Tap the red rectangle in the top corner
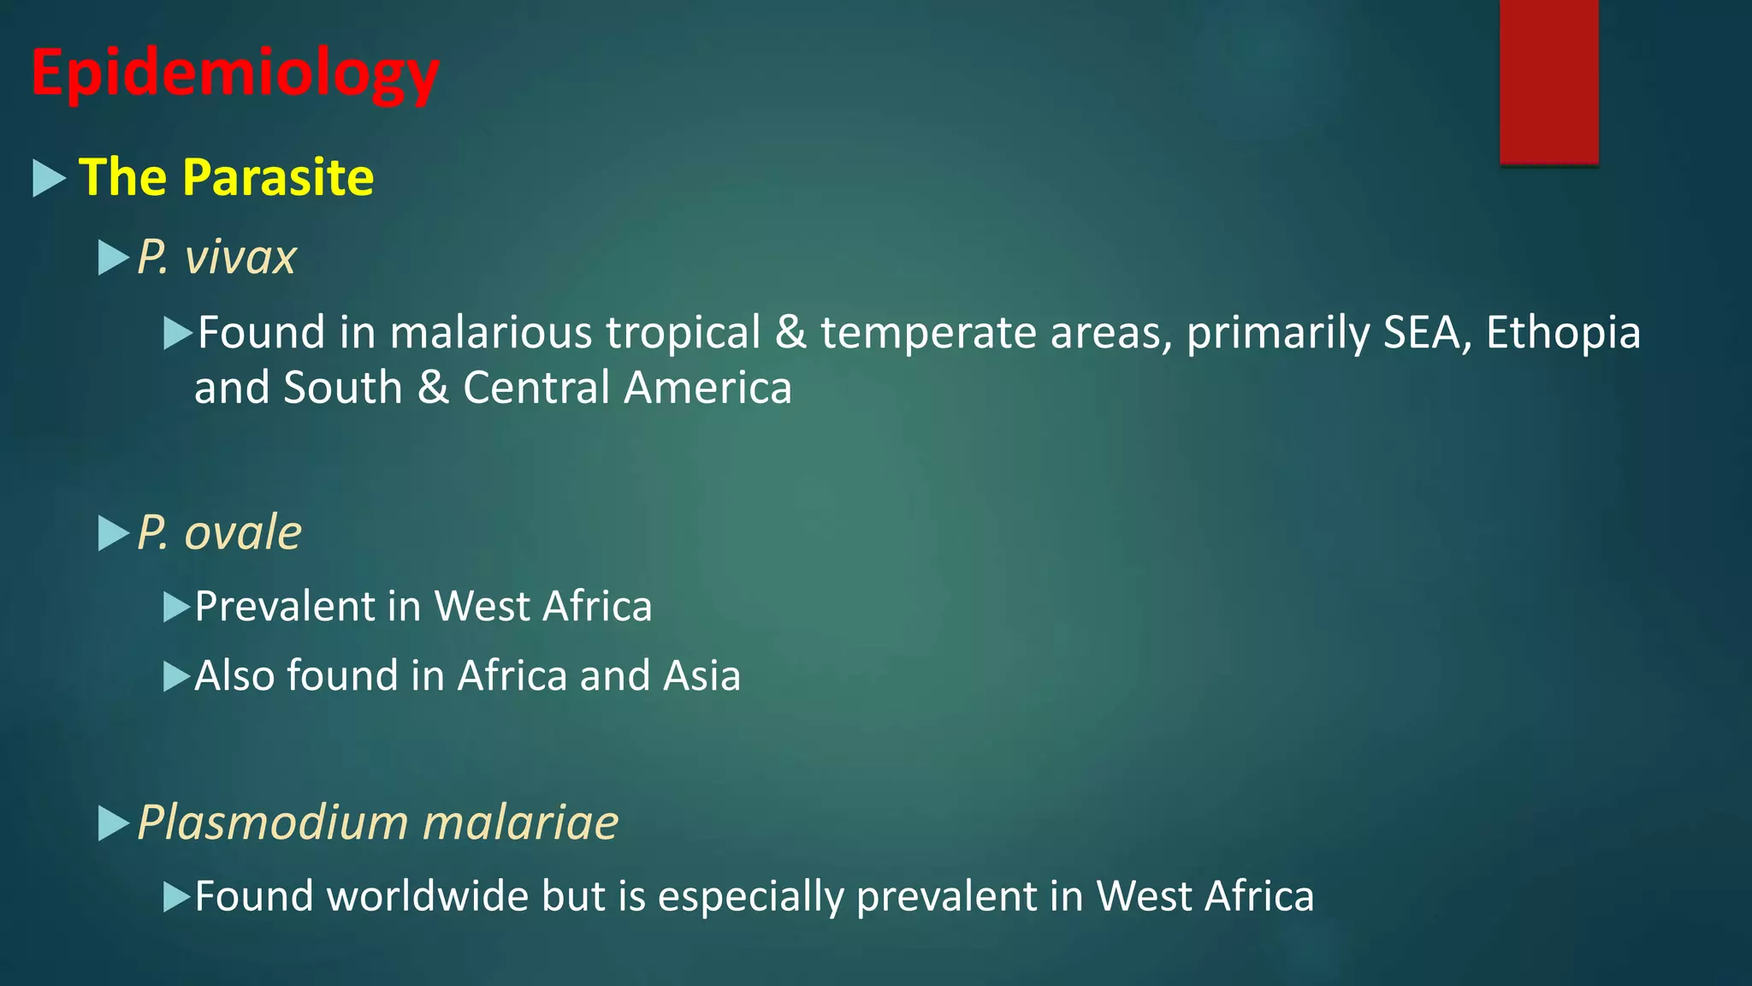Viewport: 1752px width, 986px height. point(1548,81)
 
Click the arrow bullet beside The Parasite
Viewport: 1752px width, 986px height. point(49,178)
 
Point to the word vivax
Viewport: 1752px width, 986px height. point(240,257)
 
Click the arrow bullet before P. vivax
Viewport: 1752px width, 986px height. point(113,258)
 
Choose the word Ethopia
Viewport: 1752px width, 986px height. point(1563,332)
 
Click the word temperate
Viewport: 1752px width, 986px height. point(928,332)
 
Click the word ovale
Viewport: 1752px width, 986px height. point(243,532)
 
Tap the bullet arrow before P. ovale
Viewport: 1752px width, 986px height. point(113,533)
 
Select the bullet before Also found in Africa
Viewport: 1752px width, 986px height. point(176,676)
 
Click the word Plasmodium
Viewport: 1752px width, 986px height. point(273,823)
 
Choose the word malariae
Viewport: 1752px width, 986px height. point(520,823)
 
